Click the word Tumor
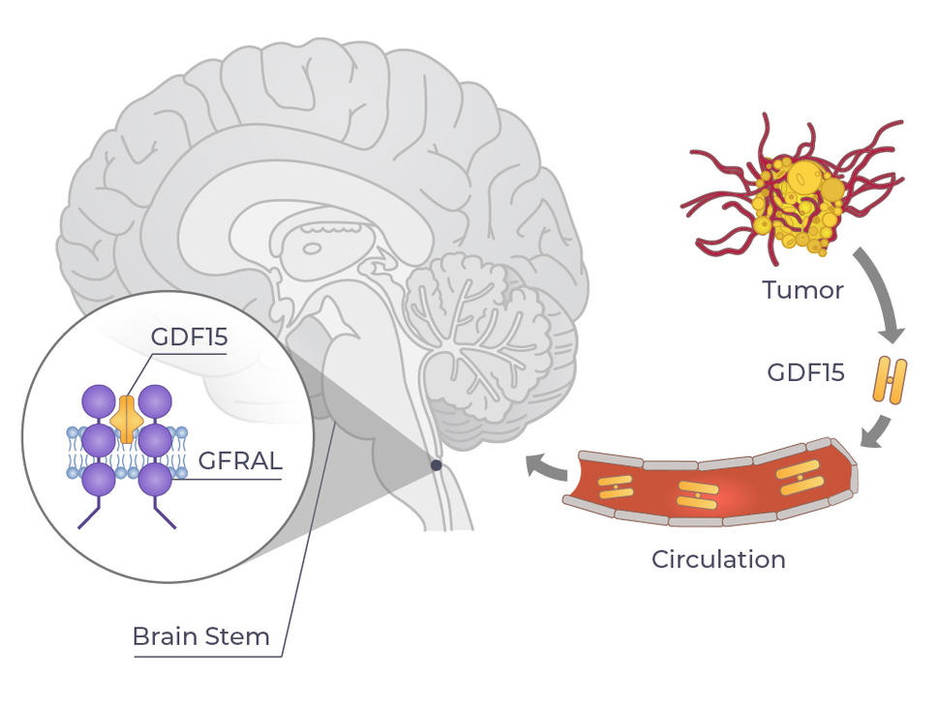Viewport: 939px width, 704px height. tap(803, 290)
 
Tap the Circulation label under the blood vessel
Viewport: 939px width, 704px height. tap(718, 559)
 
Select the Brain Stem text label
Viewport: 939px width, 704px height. tap(200, 637)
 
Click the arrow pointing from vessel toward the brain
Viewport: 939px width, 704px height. tap(545, 468)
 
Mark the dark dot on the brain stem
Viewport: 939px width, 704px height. tap(437, 465)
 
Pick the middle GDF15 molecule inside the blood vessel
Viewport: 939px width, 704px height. tap(697, 494)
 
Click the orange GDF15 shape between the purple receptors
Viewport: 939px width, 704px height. tap(128, 421)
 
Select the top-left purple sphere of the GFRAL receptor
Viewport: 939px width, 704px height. tap(99, 401)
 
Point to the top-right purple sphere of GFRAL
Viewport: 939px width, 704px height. tap(156, 401)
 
